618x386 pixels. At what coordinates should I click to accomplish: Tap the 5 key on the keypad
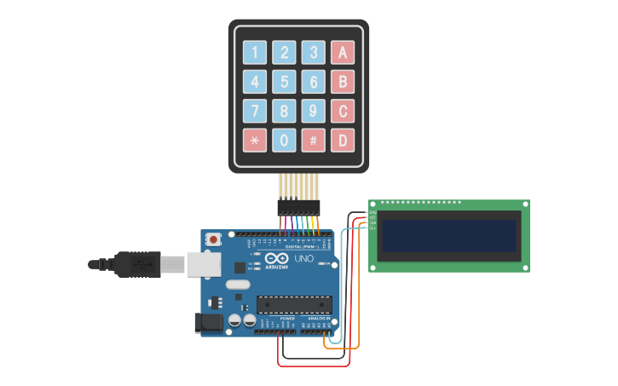(x=284, y=82)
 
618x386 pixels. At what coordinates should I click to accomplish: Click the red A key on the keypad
(x=343, y=53)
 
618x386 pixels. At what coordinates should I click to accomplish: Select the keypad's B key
(x=343, y=82)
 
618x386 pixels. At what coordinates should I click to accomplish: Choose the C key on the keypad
(x=343, y=111)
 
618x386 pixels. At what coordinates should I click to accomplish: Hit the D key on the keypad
(x=343, y=140)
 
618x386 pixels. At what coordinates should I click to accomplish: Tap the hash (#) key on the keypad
(x=313, y=140)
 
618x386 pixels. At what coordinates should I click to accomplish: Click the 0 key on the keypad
(x=284, y=140)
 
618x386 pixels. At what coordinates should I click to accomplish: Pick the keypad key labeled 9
(x=313, y=111)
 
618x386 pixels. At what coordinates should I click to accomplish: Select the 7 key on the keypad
(x=255, y=111)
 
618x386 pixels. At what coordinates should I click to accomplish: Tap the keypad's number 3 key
(x=313, y=53)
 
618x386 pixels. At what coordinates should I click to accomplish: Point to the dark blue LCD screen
(x=449, y=236)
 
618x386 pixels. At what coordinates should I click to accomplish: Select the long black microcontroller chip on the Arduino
(x=294, y=304)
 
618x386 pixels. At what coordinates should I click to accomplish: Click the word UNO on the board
(x=304, y=258)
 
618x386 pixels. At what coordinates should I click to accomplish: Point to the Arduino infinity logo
(x=276, y=258)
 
